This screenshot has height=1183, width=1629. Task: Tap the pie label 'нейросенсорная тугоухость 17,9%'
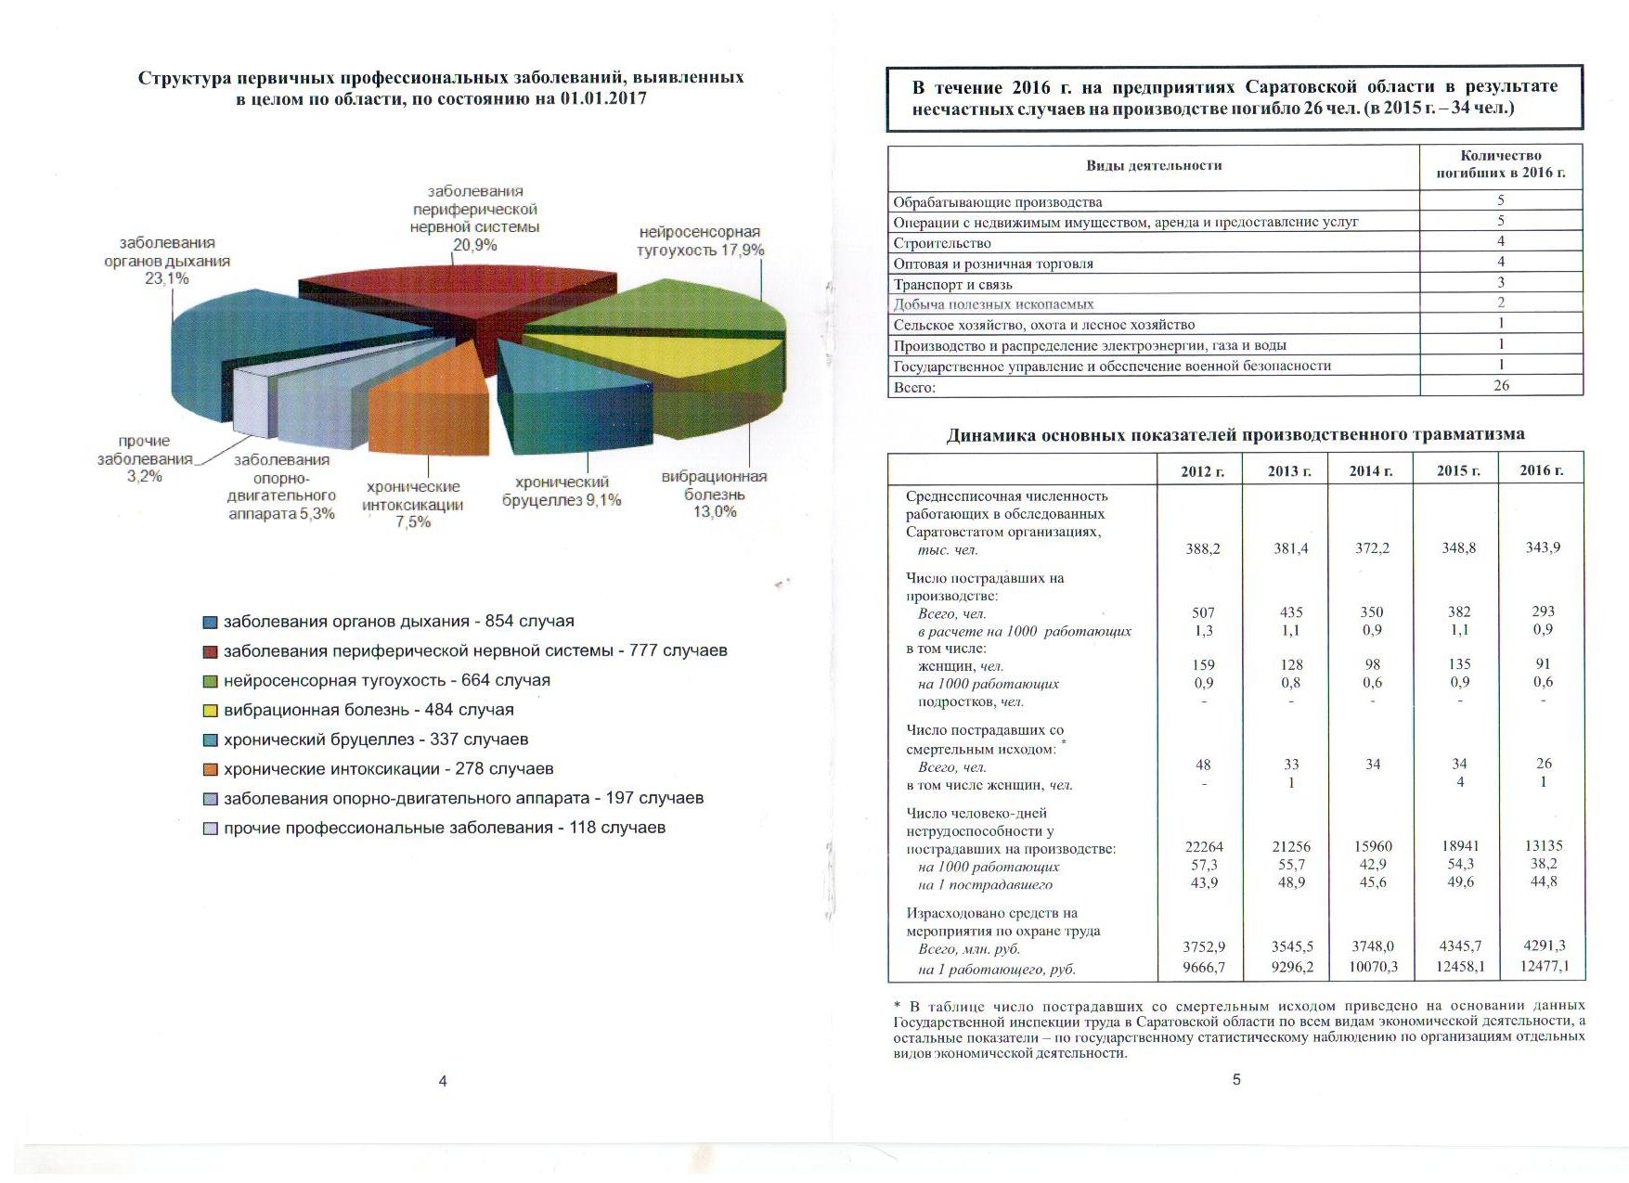pyautogui.click(x=701, y=241)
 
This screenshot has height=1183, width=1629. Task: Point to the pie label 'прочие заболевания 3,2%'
pyautogui.click(x=145, y=458)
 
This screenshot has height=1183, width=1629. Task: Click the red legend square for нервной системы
pyautogui.click(x=211, y=651)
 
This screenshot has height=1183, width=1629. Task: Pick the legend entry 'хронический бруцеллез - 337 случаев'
pyautogui.click(x=375, y=739)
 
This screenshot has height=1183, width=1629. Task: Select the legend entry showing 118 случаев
pyautogui.click(x=444, y=828)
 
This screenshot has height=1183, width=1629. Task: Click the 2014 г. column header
pyautogui.click(x=1371, y=470)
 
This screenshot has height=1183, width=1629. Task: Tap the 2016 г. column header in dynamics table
pyautogui.click(x=1542, y=469)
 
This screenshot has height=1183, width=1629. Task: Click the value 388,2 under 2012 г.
pyautogui.click(x=1203, y=548)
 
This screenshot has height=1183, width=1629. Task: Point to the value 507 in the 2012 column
pyautogui.click(x=1203, y=612)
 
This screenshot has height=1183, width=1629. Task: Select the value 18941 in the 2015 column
pyautogui.click(x=1459, y=846)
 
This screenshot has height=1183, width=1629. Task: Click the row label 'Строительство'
pyautogui.click(x=942, y=243)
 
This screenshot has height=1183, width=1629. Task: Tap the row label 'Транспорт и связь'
pyautogui.click(x=952, y=284)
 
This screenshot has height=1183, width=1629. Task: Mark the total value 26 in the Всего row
pyautogui.click(x=1501, y=385)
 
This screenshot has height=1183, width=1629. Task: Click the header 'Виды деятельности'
pyautogui.click(x=1154, y=166)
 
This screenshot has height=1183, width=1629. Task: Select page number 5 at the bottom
pyautogui.click(x=1236, y=1079)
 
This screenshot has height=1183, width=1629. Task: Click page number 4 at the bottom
pyautogui.click(x=443, y=1081)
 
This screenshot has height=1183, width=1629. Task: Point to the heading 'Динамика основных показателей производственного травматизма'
pyautogui.click(x=1235, y=434)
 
